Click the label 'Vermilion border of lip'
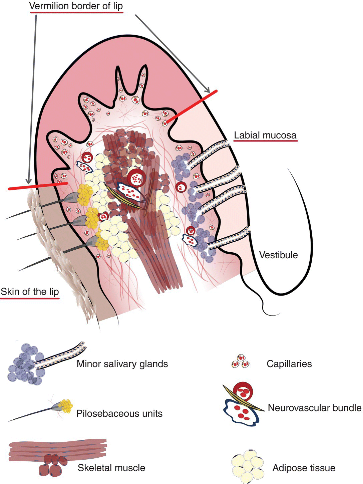[x=76, y=6]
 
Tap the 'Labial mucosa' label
[x=265, y=135]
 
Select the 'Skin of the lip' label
[x=30, y=292]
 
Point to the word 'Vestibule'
[x=278, y=255]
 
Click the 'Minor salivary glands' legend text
[x=122, y=363]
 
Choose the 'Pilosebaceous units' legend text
[x=119, y=413]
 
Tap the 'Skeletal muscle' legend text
[x=111, y=468]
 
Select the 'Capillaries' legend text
[x=289, y=363]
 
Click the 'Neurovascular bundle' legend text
[x=314, y=408]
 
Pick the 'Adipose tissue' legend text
[x=304, y=468]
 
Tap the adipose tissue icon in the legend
[x=247, y=466]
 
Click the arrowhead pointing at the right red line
[x=208, y=90]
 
